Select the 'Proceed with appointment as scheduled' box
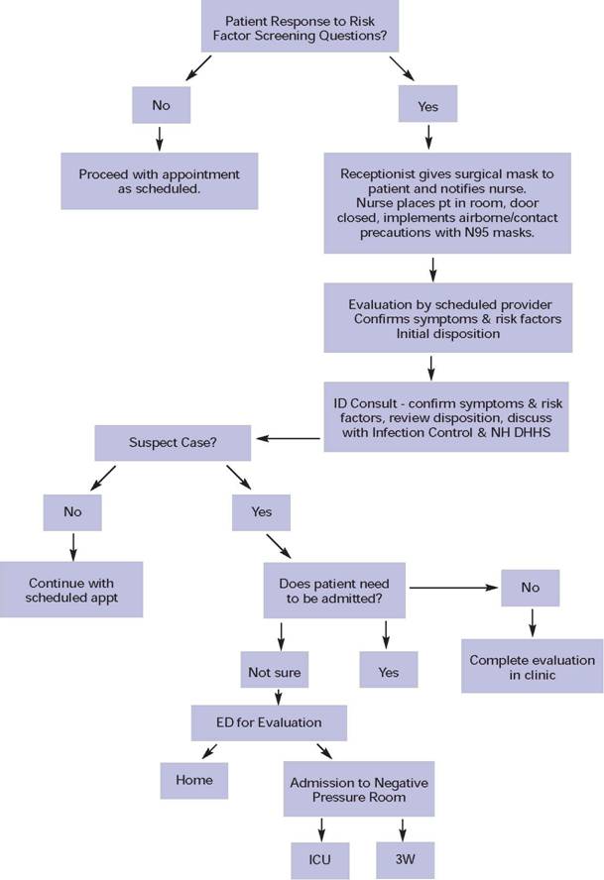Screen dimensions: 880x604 (159, 181)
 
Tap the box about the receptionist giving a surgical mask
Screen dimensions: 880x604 (432, 202)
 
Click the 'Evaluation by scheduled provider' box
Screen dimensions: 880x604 (432, 318)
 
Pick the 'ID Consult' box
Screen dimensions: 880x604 (432, 416)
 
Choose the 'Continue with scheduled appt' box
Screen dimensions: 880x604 (70, 590)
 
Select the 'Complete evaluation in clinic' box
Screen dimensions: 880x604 (533, 667)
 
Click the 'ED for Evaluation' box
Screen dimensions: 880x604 (269, 722)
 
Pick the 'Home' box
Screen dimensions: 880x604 (194, 779)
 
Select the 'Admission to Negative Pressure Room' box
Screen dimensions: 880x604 (358, 790)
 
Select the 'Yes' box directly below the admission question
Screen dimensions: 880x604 (388, 671)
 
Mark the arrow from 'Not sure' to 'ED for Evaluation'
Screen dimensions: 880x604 (277, 697)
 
